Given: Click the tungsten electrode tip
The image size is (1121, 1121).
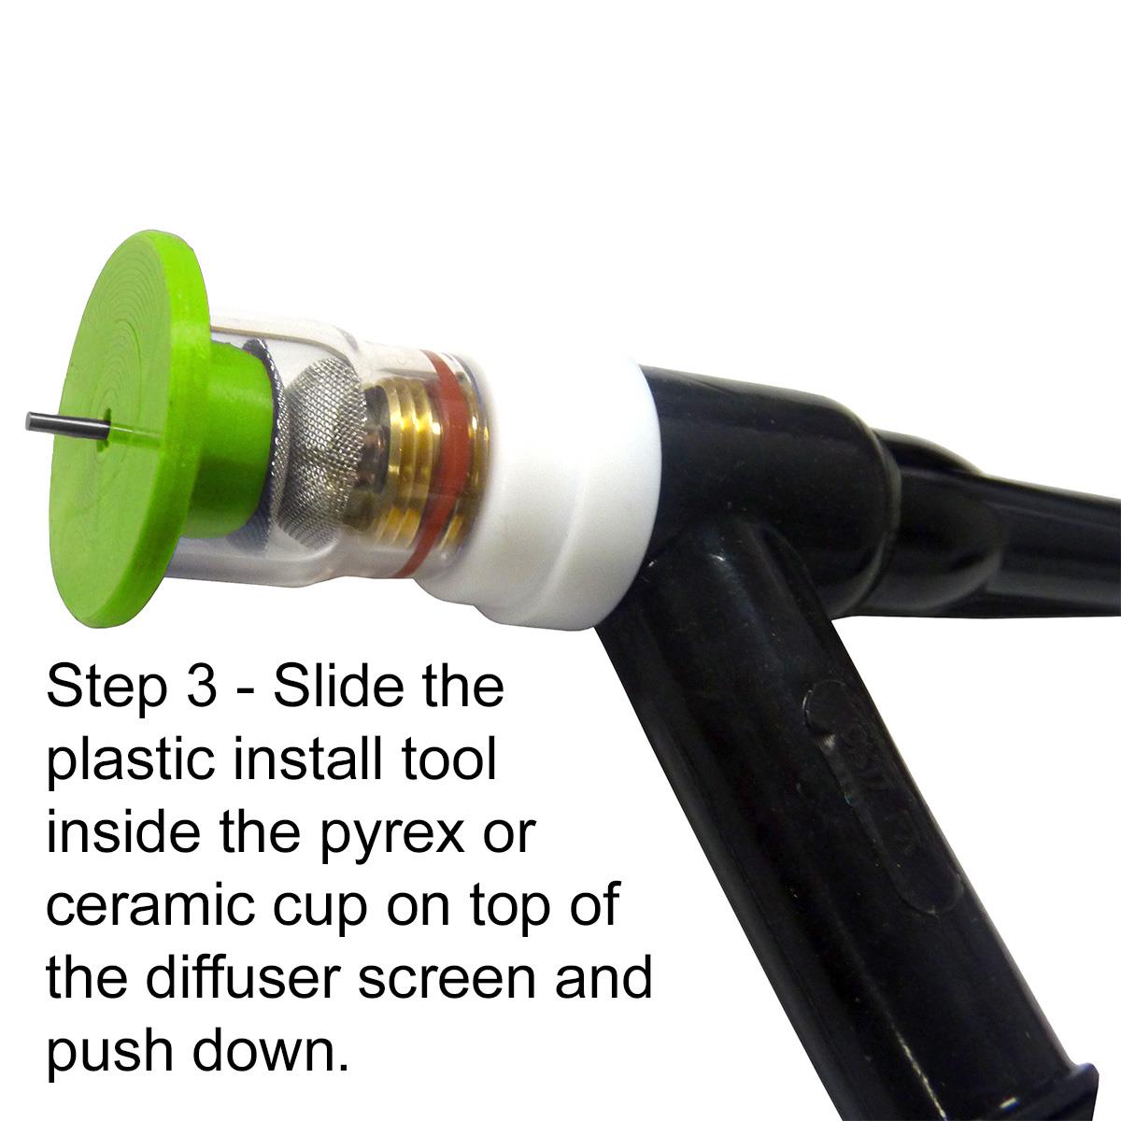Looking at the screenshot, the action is (28, 420).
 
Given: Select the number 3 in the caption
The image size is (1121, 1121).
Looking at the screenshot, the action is (201, 687).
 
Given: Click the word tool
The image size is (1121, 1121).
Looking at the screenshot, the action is (448, 758).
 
